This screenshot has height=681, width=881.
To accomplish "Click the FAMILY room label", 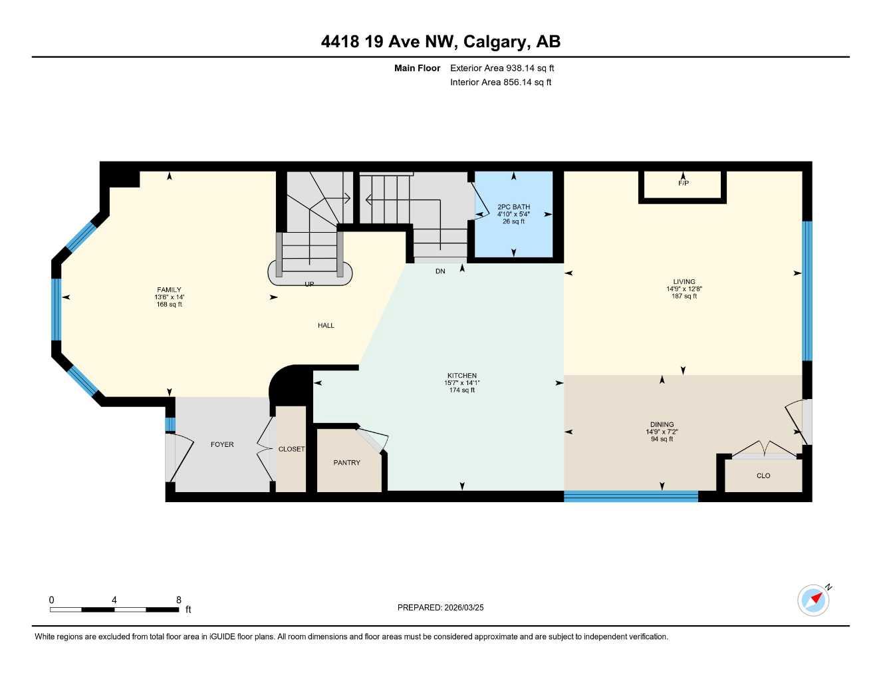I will pos(169,290).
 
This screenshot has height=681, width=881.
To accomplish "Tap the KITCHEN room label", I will pos(461,376).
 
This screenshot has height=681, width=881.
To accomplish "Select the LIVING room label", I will pos(684,282).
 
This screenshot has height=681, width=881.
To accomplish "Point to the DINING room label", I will pos(662,424).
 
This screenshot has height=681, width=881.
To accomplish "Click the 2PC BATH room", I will pos(513,213).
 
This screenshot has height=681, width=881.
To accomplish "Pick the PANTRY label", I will pos(346,463).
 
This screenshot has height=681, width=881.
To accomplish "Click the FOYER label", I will pos(222,444).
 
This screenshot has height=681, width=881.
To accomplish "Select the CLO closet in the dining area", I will pos(763,476).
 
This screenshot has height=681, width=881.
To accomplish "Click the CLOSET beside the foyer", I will pos(291,450).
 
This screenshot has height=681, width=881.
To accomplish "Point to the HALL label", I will pos(326,325).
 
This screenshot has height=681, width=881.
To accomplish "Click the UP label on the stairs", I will pos(309,284).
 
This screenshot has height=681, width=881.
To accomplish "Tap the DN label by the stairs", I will pos(440,271).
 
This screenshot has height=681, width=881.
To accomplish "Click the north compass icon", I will pos(814,600).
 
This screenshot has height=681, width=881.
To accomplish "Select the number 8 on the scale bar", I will pos(178,600).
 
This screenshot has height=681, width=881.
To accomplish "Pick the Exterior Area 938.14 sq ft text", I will pos(502,68).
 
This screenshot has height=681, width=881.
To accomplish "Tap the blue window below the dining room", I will pos(630,495).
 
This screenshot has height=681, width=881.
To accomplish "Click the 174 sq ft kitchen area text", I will pos(461,390).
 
